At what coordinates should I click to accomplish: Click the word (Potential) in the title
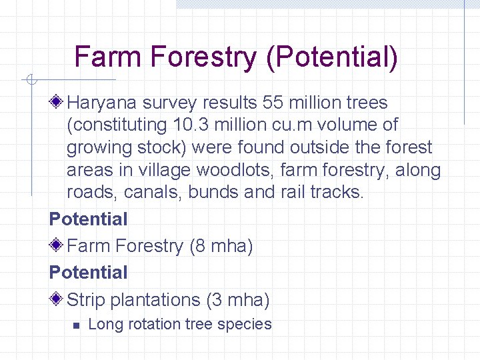(x=331, y=57)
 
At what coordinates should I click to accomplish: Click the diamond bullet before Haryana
(x=57, y=103)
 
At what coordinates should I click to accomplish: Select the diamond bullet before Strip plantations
(x=57, y=300)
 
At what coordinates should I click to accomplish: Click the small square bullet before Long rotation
(x=75, y=326)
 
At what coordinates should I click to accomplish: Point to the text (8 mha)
(x=221, y=246)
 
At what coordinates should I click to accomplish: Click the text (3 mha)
(x=238, y=300)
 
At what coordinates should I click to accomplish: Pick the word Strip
(x=86, y=300)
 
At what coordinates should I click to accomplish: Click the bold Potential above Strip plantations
(x=88, y=273)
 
